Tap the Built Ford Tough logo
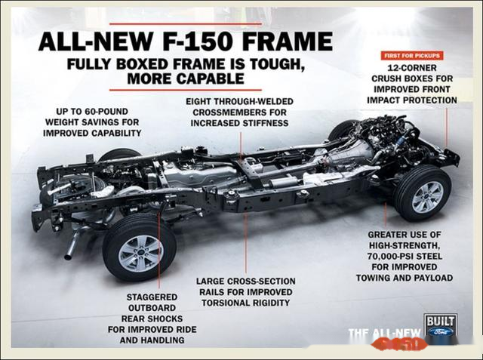click(x=439, y=326)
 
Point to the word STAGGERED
click(x=152, y=297)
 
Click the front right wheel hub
click(x=426, y=196)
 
